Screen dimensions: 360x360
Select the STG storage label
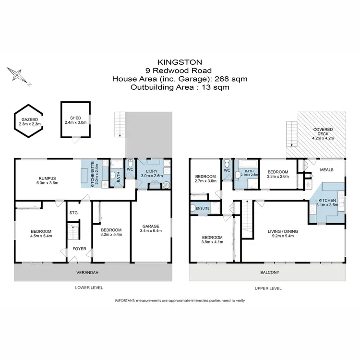click(73, 212)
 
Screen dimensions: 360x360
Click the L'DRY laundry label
click(152, 173)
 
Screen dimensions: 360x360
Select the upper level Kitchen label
click(331, 202)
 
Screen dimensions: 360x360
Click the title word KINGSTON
click(180, 62)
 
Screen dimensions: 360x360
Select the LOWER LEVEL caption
click(89, 288)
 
